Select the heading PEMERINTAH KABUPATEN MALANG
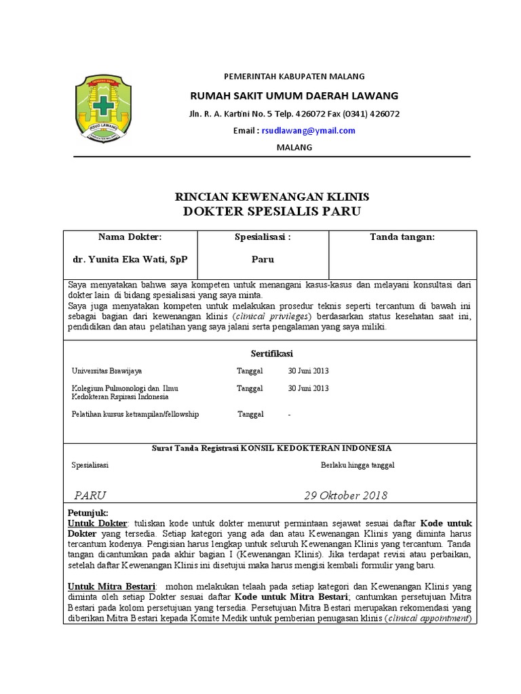click(294, 77)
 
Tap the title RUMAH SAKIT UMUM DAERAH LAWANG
click(294, 95)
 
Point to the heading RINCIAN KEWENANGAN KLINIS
click(272, 197)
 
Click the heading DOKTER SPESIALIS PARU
click(272, 211)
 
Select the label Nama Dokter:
click(130, 237)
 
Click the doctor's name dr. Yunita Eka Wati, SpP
click(130, 259)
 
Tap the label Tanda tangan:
click(402, 237)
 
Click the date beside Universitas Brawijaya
click(309, 371)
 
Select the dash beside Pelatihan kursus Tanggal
click(290, 414)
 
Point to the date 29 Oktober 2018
click(346, 495)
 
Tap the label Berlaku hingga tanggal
click(358, 466)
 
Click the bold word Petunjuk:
click(88, 512)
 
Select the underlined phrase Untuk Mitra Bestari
click(112, 586)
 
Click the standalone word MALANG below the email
click(294, 148)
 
